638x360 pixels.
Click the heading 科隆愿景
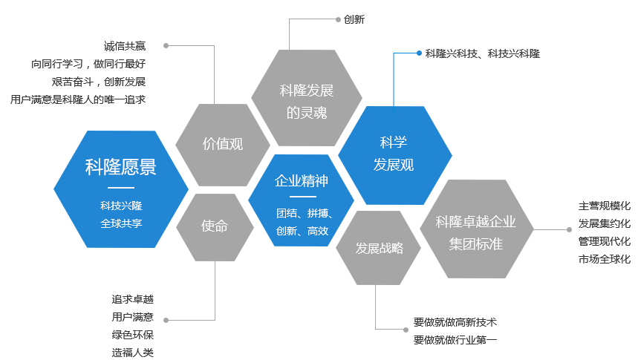click(x=121, y=167)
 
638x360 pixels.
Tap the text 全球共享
click(x=121, y=223)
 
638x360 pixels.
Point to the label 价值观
click(x=223, y=144)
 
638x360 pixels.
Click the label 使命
click(x=215, y=226)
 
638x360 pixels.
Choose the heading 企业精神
click(x=302, y=181)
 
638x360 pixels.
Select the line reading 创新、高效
click(x=302, y=231)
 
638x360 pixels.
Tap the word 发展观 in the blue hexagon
click(x=394, y=165)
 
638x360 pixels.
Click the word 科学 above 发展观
click(x=394, y=143)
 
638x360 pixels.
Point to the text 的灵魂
click(x=307, y=113)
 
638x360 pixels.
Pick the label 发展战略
click(x=380, y=248)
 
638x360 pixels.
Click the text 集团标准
click(x=476, y=243)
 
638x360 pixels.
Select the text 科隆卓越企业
click(x=476, y=222)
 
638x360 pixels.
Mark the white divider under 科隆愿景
click(x=121, y=188)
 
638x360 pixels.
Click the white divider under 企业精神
click(x=302, y=197)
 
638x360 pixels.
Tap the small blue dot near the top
click(x=420, y=53)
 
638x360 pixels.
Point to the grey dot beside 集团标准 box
click(x=569, y=229)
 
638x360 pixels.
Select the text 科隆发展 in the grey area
click(x=307, y=91)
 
